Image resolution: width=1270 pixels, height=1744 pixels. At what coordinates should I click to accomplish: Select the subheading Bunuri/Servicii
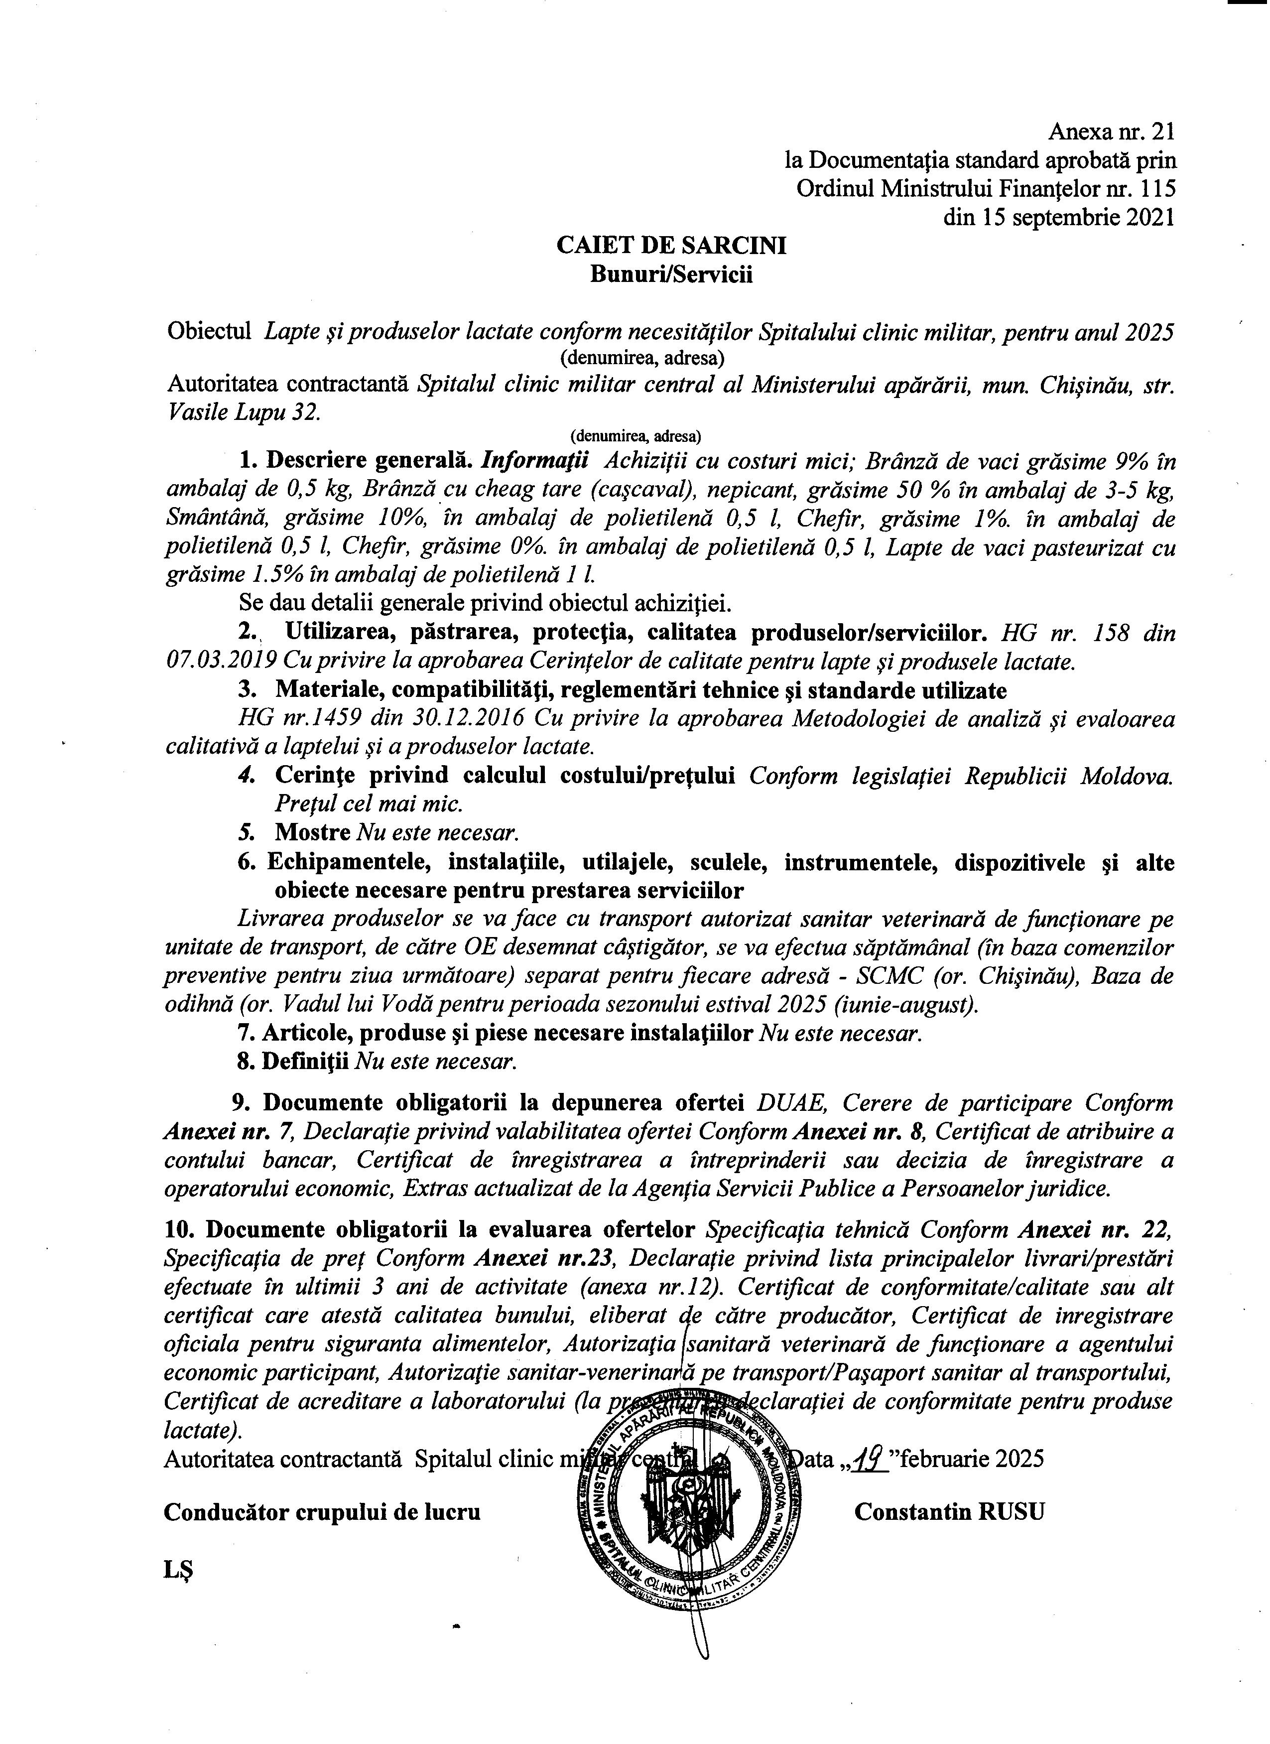click(x=671, y=274)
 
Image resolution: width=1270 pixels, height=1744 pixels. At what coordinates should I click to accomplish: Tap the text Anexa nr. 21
click(x=1112, y=133)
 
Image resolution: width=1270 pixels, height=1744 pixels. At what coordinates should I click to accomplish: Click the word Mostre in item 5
click(x=310, y=832)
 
